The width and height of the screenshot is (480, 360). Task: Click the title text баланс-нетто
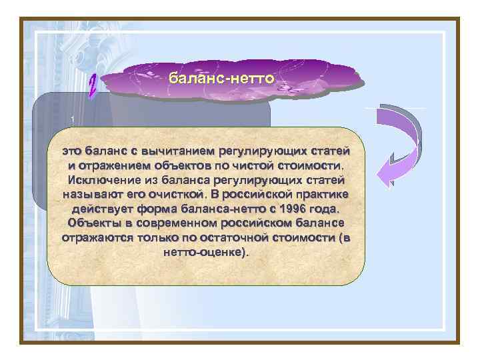coord(221,79)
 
